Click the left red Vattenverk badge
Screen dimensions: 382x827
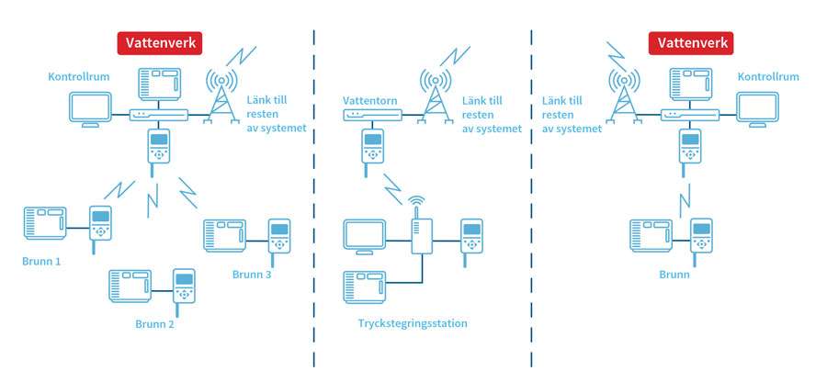click(x=159, y=43)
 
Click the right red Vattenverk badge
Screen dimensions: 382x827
click(x=690, y=43)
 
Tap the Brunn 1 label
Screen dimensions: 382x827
click(x=41, y=262)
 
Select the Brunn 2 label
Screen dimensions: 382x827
click(x=154, y=322)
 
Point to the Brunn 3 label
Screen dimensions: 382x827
click(x=251, y=274)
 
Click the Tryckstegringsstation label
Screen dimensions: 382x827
click(x=413, y=323)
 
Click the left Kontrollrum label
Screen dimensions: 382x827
click(x=79, y=77)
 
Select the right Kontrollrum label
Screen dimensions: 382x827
click(x=768, y=77)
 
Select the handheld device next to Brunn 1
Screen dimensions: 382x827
click(x=100, y=226)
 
